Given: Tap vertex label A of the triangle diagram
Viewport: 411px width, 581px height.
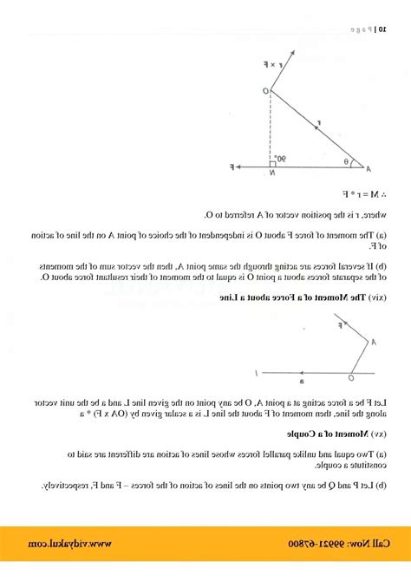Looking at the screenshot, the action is [368, 168].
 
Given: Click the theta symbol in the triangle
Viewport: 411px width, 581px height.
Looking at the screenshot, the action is [345, 160].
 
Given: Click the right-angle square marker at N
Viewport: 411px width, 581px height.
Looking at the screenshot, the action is [272, 162].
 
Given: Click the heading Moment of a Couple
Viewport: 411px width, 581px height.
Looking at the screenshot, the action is [336, 431].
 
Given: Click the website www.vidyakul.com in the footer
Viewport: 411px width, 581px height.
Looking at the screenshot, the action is [84, 543].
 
